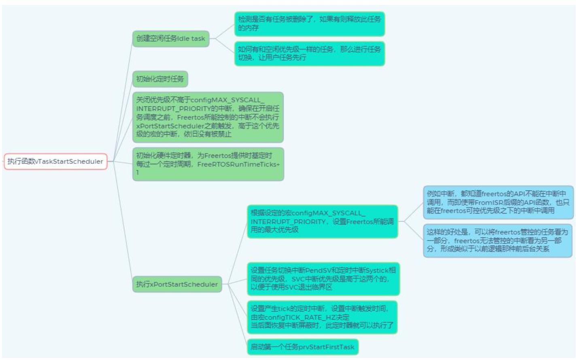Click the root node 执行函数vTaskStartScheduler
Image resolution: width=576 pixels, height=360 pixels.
pos(55,161)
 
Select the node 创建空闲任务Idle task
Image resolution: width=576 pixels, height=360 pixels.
pos(170,39)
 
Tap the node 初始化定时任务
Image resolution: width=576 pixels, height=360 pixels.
pos(160,79)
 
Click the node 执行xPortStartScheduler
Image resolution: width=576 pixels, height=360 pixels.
pos(177,284)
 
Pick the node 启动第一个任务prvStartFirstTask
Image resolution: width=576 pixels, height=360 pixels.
pos(302,347)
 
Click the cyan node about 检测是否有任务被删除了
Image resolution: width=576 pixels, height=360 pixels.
pos(309,23)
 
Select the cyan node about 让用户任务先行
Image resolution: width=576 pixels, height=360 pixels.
pos(309,53)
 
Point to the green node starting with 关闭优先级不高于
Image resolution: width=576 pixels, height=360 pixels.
pos(208,117)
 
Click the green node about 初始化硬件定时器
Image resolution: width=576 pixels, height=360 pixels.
pos(208,164)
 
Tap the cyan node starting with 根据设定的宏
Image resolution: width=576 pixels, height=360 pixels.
pos(322,221)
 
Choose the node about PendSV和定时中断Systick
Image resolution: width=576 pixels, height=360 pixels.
pos(323,279)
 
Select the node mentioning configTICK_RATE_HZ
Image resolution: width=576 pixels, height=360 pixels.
pos(322,317)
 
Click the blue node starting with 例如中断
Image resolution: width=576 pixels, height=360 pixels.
pos(498,202)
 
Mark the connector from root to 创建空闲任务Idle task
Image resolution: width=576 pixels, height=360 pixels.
pos(123,97)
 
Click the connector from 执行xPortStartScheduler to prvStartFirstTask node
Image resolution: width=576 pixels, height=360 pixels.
pos(238,316)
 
